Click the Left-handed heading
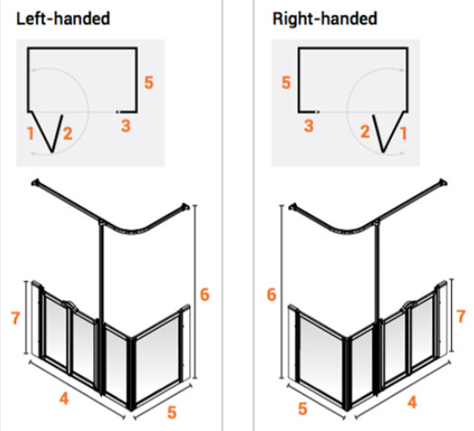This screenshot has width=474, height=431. pyautogui.click(x=63, y=19)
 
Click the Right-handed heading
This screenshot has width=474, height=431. pyautogui.click(x=325, y=19)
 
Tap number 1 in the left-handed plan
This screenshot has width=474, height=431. pyautogui.click(x=30, y=133)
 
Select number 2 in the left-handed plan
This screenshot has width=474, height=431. pyautogui.click(x=68, y=133)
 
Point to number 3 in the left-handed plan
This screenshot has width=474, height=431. pyautogui.click(x=126, y=126)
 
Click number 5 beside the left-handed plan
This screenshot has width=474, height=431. pyautogui.click(x=149, y=83)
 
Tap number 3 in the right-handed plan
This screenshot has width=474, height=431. pyautogui.click(x=308, y=126)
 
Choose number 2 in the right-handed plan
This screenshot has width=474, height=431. pyautogui.click(x=365, y=132)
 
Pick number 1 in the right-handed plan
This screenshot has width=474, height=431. pyautogui.click(x=404, y=133)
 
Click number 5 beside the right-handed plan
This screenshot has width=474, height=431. pyautogui.click(x=286, y=83)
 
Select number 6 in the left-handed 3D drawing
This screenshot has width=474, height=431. pyautogui.click(x=204, y=294)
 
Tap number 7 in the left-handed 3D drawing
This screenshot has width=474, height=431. pyautogui.click(x=15, y=318)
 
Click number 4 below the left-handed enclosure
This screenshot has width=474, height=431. pyautogui.click(x=63, y=398)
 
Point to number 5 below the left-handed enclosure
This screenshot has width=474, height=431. pyautogui.click(x=172, y=412)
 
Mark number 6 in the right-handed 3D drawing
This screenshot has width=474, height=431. pyautogui.click(x=271, y=294)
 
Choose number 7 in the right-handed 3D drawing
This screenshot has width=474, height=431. pyautogui.click(x=461, y=316)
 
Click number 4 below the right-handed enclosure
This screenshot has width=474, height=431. pyautogui.click(x=412, y=402)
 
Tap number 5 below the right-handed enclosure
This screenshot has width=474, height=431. pyautogui.click(x=302, y=409)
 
